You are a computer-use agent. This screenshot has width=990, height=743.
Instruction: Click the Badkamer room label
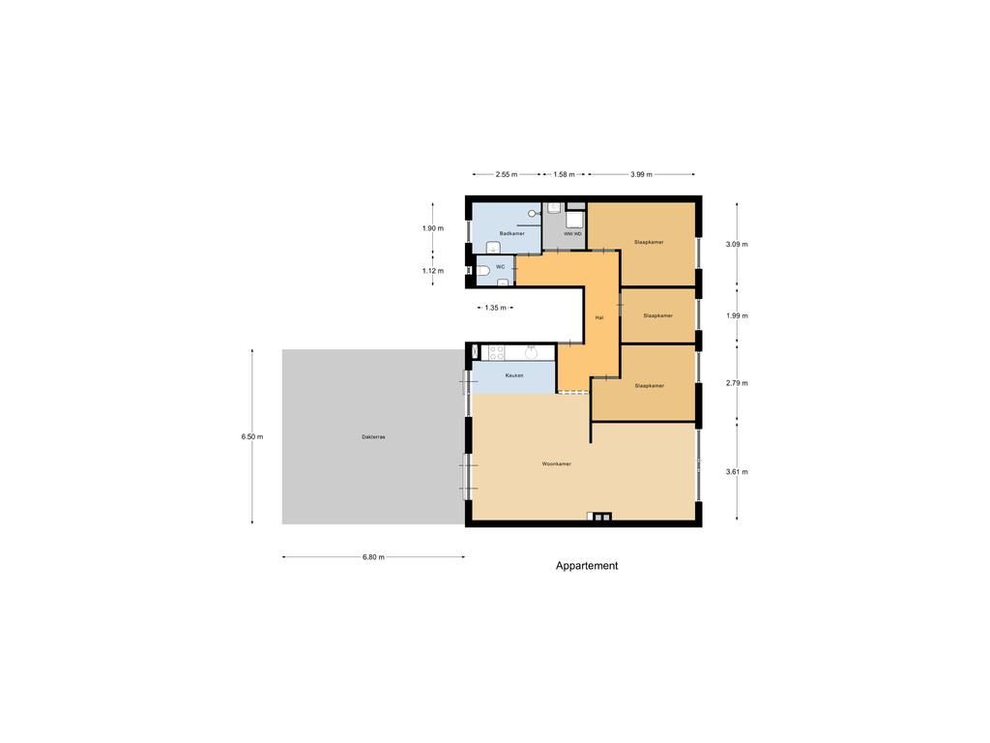click(x=512, y=234)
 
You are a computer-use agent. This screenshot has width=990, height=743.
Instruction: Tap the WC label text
click(x=500, y=266)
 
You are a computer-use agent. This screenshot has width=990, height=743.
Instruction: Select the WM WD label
click(x=572, y=234)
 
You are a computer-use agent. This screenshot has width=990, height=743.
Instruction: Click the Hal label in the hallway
click(x=599, y=317)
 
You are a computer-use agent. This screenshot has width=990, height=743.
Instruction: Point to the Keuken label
click(x=514, y=375)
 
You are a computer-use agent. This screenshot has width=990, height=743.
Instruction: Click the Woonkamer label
click(x=556, y=464)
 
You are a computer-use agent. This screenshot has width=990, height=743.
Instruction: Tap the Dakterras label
click(x=373, y=437)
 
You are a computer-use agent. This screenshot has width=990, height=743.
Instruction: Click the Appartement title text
click(x=587, y=566)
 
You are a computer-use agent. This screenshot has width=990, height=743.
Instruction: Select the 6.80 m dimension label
click(x=373, y=557)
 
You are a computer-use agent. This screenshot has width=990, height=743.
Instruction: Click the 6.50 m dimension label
click(x=252, y=436)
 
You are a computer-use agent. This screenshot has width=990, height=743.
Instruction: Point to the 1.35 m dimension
click(x=496, y=308)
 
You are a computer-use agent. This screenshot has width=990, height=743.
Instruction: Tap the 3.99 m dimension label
click(x=641, y=175)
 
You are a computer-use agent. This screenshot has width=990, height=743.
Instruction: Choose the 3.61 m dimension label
click(x=737, y=472)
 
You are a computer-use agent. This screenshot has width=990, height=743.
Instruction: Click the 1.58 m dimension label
click(x=564, y=175)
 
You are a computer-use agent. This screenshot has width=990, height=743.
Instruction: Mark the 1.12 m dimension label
click(x=432, y=271)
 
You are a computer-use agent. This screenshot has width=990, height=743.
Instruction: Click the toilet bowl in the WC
click(x=482, y=271)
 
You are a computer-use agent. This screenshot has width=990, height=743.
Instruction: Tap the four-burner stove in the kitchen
click(x=496, y=352)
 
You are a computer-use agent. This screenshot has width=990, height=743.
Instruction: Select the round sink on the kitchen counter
click(x=531, y=352)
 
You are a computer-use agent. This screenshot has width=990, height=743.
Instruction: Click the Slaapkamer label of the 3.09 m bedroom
click(x=649, y=242)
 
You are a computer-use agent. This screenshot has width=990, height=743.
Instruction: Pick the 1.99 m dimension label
click(x=737, y=316)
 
